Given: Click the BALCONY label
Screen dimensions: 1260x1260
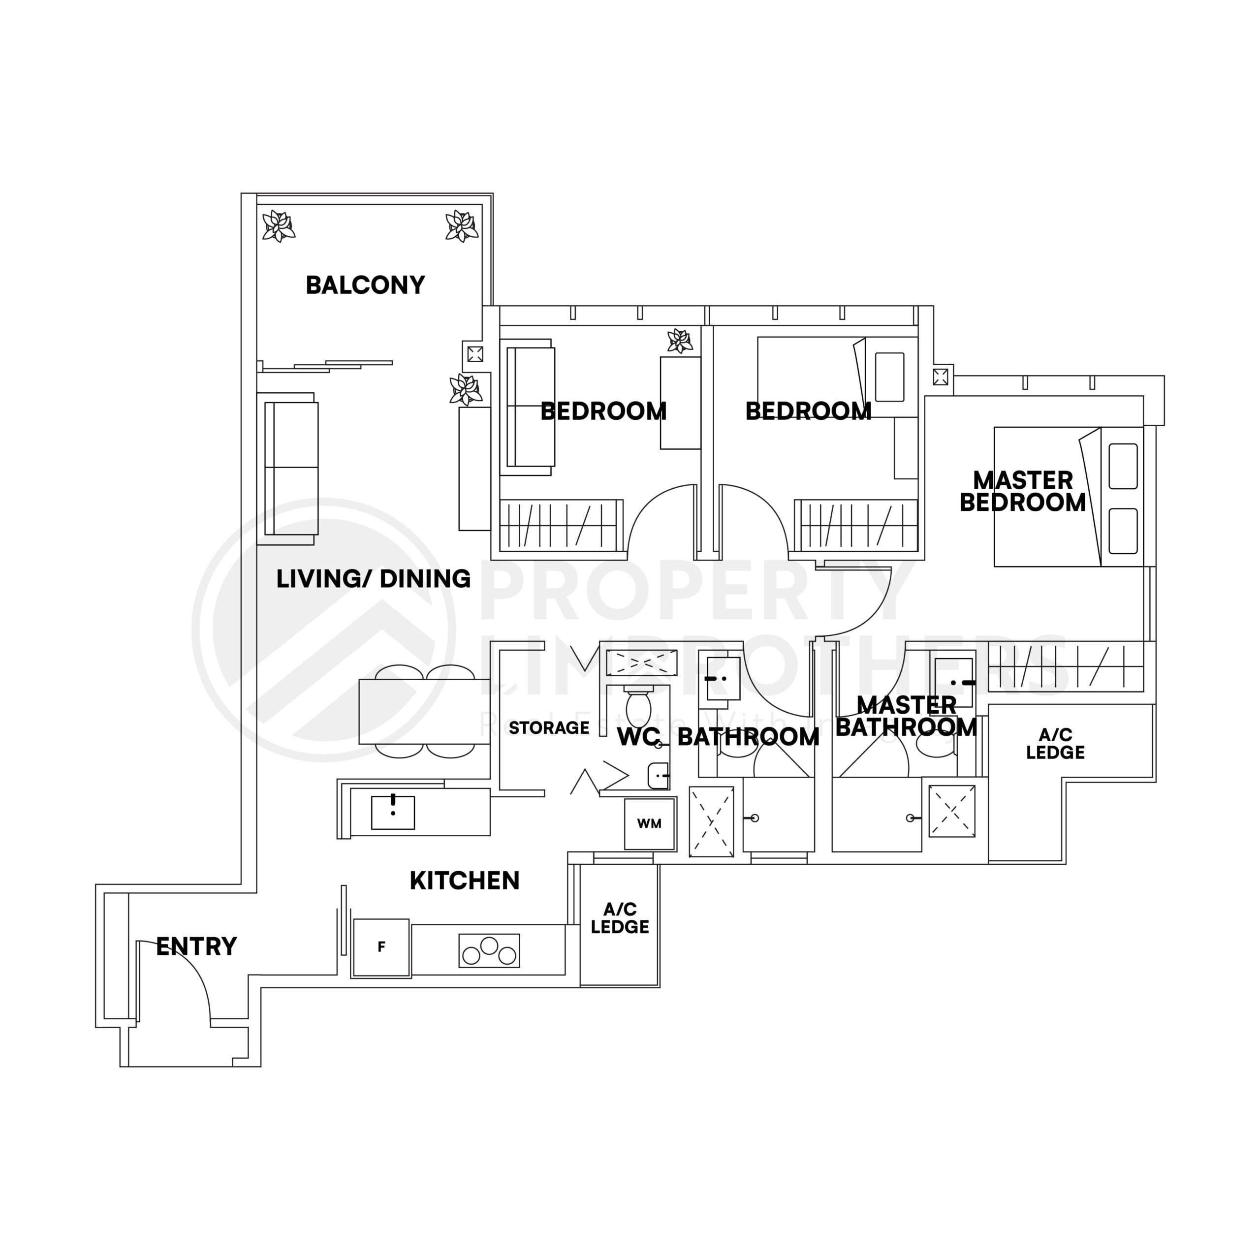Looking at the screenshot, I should click(x=365, y=285).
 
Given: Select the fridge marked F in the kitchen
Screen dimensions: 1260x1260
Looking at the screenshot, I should click(x=381, y=947).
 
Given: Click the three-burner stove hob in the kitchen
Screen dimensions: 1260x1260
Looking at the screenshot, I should click(x=489, y=950).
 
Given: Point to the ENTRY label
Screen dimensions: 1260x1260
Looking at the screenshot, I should click(x=196, y=946).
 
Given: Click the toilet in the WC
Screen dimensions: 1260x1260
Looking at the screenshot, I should click(x=638, y=708).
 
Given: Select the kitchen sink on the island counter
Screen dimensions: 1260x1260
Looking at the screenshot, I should click(x=393, y=812).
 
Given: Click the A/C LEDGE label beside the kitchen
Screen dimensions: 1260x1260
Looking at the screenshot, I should click(x=620, y=918).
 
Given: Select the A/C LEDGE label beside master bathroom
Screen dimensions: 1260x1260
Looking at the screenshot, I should click(x=1055, y=744).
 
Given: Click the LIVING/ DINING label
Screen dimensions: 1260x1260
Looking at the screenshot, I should click(x=373, y=578).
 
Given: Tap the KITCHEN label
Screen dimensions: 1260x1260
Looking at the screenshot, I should click(x=464, y=881).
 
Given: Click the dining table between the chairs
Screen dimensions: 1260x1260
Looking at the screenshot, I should click(x=424, y=711).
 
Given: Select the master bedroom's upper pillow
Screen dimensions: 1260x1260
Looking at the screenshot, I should click(x=1122, y=466).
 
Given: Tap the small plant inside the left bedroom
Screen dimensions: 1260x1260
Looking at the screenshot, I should click(x=680, y=341).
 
